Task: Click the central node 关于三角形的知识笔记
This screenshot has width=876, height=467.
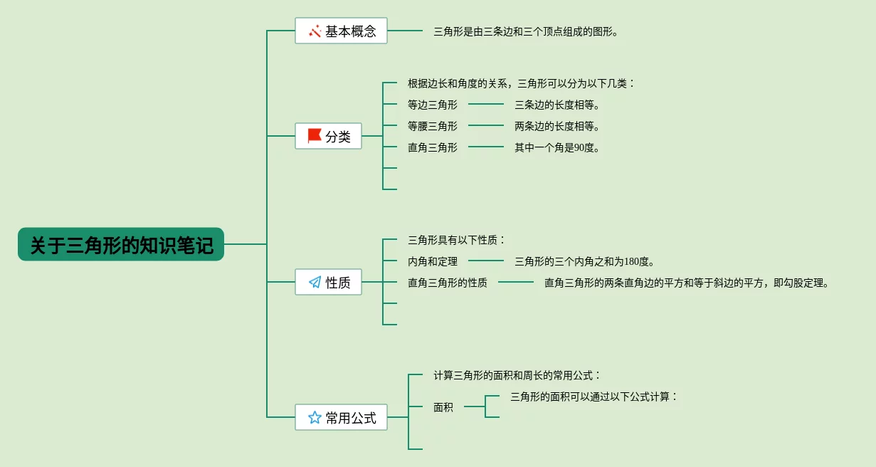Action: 121,244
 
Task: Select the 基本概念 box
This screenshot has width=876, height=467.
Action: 341,31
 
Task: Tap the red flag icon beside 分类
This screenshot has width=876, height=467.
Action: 315,136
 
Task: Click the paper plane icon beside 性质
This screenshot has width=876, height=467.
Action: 315,282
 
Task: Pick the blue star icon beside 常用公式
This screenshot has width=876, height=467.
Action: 315,417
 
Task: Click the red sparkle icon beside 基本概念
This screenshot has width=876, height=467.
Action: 315,31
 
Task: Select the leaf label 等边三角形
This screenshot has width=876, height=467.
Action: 433,105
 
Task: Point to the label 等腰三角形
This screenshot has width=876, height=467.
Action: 433,126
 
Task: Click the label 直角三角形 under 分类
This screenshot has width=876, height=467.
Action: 433,147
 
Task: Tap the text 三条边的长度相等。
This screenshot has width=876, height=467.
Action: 557,105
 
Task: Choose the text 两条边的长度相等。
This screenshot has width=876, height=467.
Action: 557,126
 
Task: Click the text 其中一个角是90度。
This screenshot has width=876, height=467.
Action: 557,147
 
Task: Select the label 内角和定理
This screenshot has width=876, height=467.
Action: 433,261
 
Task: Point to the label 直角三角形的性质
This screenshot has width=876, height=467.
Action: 448,283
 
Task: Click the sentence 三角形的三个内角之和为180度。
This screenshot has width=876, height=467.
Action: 584,261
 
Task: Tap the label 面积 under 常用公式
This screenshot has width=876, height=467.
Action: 443,407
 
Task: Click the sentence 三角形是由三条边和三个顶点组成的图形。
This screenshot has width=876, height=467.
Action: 526,31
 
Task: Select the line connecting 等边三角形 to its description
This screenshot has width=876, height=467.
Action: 486,104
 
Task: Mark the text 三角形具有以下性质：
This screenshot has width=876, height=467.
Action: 456,240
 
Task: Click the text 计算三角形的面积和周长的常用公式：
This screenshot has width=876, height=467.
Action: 517,375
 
